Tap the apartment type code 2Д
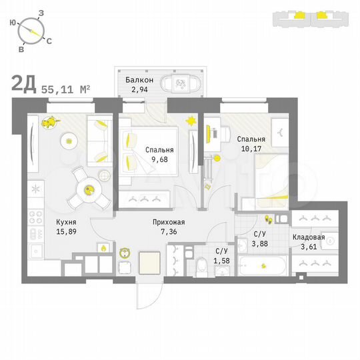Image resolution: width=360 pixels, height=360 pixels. (x=24, y=85)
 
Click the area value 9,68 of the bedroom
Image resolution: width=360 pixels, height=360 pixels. (x=159, y=160)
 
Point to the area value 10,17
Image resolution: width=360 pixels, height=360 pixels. (x=249, y=149)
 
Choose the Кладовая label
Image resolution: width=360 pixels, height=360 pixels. (x=309, y=237)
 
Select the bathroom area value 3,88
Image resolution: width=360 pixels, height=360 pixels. (x=261, y=243)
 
